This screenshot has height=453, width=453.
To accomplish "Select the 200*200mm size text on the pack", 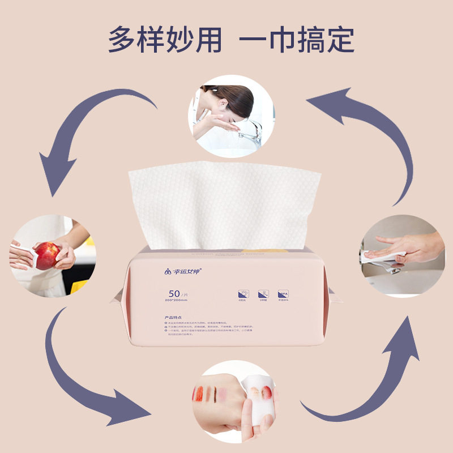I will pyautogui.click(x=177, y=300).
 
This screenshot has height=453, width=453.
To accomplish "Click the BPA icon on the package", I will pyautogui.click(x=283, y=295).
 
